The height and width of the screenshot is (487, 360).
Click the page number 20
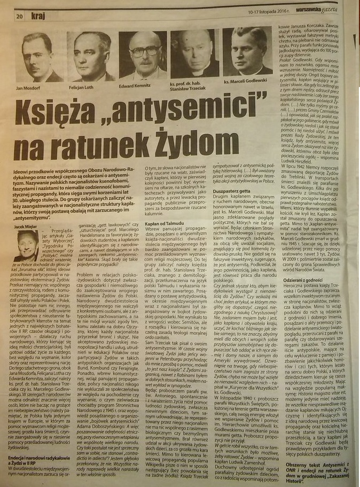click(x=19, y=16)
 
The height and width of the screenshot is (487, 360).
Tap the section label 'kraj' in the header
click(x=38, y=15)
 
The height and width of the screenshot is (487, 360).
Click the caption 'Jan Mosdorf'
click(x=32, y=87)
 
